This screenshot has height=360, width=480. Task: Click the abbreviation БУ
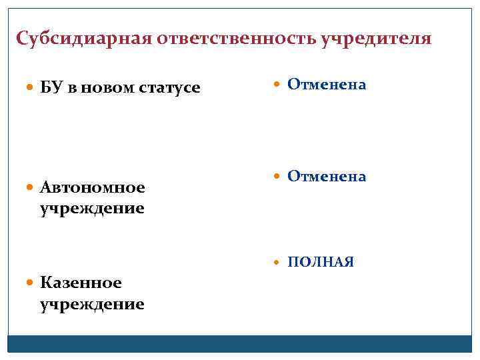tap(51, 87)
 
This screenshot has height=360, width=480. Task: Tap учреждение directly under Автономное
tap(92, 208)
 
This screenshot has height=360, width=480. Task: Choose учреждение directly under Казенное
tap(92, 305)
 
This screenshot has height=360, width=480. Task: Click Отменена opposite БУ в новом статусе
tap(327, 85)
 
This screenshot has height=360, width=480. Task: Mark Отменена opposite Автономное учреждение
tap(327, 176)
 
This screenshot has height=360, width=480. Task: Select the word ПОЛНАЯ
tap(321, 262)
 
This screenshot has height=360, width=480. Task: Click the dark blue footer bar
tap(240, 344)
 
